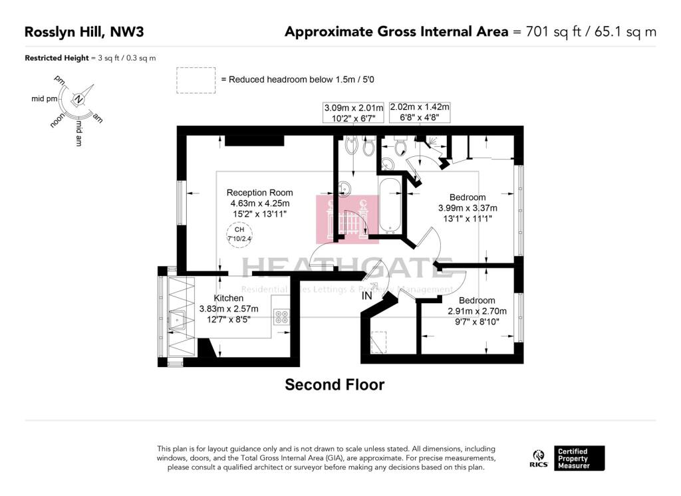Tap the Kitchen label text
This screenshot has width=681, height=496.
coord(228,298)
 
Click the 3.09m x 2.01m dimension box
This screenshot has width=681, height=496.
coord(354,112)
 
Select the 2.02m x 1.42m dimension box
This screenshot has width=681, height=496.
coord(420,112)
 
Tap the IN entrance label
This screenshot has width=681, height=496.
coord(366,297)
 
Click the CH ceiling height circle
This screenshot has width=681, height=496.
coord(239,233)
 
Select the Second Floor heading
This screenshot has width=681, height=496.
coord(335,384)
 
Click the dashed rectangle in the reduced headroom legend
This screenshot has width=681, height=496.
coord(196,80)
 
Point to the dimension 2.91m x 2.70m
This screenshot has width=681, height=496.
coord(476,311)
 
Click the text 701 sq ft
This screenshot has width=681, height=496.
coord(545,31)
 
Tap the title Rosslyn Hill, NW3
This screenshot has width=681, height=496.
coord(84,31)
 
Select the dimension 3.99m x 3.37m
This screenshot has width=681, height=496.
coord(468,207)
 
